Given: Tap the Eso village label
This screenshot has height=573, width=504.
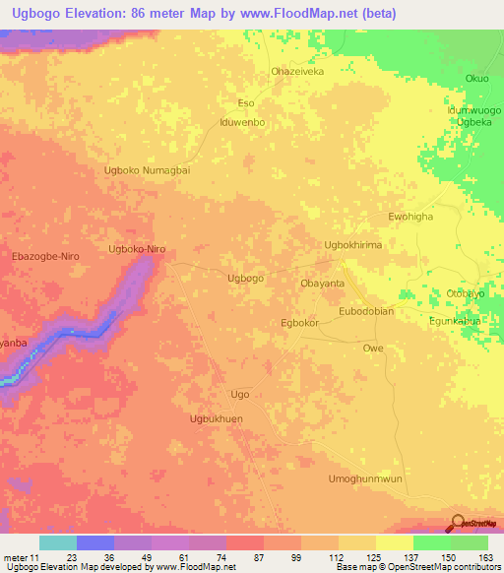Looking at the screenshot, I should pos(246,102).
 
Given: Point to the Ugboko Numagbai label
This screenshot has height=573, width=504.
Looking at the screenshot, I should pos(147,170).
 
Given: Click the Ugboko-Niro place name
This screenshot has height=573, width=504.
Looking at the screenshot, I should pos(136,250).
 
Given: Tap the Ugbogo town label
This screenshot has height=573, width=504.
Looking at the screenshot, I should pos(245,279).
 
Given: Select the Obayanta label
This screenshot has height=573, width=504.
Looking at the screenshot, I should pos(322,283).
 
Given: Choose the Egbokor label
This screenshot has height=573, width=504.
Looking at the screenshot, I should pos(300,322).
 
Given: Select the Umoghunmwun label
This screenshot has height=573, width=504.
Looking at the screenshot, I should pos(364,478).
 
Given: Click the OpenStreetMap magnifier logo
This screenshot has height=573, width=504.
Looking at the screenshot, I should pos(458,523).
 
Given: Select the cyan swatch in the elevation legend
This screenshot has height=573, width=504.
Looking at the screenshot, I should pos(58,542).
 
